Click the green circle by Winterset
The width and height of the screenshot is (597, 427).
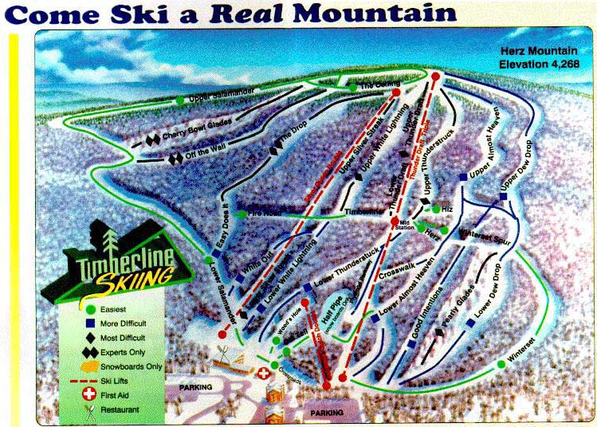pos(501,364)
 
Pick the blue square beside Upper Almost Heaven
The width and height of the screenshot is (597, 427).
pos(463,177)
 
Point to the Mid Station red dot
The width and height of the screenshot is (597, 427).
pos(394,221)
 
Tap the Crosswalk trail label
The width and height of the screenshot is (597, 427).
pos(397,268)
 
